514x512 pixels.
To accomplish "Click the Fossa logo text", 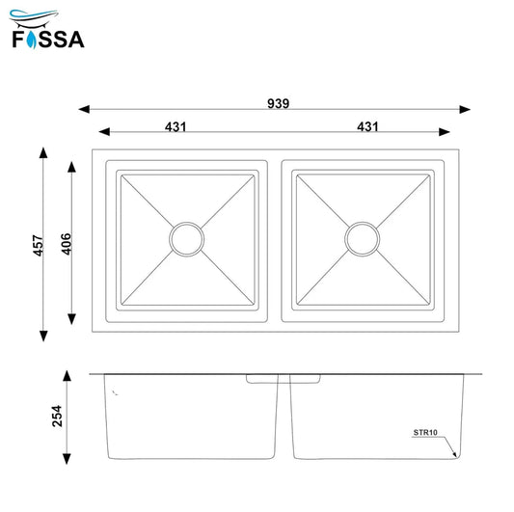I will tap(48, 40).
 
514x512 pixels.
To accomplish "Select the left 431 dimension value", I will tap(175, 126).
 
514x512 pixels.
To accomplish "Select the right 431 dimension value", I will tap(367, 126).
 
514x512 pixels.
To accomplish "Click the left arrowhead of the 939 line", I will tap(82, 109).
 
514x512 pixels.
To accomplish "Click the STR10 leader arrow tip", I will tap(457, 455).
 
